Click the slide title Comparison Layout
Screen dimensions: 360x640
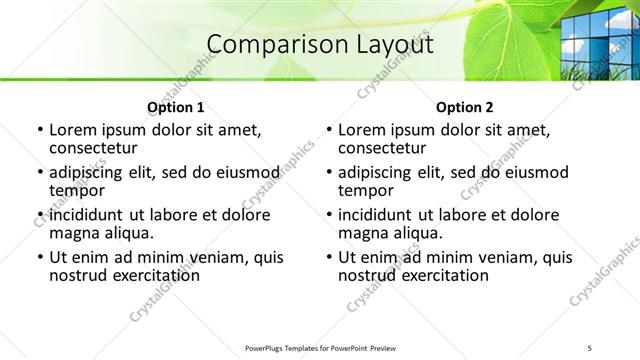click(x=320, y=44)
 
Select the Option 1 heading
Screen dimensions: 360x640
click(x=175, y=107)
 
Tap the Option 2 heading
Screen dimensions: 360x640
click(x=464, y=107)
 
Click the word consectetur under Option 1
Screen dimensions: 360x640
click(x=98, y=148)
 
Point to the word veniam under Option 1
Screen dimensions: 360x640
click(x=220, y=257)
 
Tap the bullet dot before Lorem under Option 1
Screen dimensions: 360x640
click(x=40, y=130)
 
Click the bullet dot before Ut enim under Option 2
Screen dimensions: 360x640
click(x=329, y=257)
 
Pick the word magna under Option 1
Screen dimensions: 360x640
click(x=74, y=233)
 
